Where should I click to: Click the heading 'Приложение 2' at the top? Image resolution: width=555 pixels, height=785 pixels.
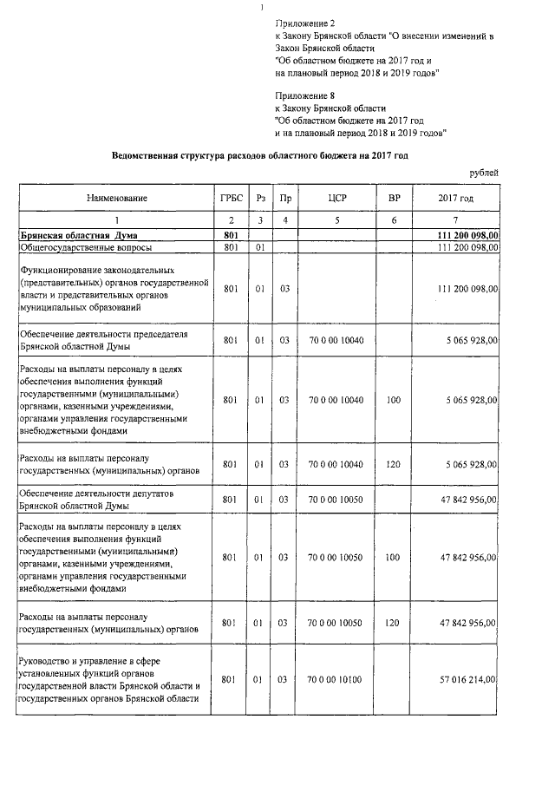pos(304,22)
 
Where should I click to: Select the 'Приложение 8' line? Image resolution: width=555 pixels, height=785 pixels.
pos(304,94)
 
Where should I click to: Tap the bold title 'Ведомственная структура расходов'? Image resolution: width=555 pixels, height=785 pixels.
pos(259,155)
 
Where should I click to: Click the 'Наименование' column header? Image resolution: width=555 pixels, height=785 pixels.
pos(116,199)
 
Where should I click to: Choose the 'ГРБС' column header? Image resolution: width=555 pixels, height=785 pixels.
pos(230,199)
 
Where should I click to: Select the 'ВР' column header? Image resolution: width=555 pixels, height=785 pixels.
pos(394,199)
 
